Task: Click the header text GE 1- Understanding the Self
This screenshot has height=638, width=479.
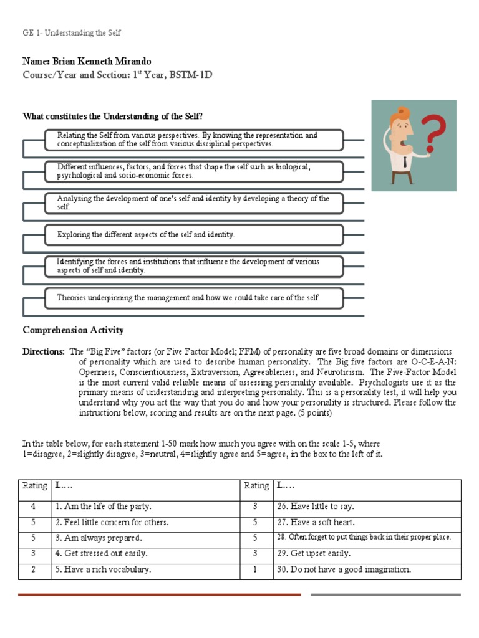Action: (75, 32)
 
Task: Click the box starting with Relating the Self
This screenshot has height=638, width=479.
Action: (193, 140)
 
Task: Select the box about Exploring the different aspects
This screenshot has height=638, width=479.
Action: (193, 235)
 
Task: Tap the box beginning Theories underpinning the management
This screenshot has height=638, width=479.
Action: (193, 298)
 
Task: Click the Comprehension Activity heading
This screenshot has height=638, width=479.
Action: (73, 330)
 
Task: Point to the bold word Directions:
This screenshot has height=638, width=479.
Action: (43, 351)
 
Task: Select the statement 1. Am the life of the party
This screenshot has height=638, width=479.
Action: (104, 507)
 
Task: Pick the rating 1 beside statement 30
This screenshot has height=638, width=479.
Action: (256, 569)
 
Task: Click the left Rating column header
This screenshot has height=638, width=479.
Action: (34, 486)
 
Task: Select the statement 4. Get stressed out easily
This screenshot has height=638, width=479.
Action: (102, 553)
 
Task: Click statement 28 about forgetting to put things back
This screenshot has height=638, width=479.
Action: (364, 537)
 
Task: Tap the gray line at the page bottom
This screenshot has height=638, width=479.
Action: (385, 594)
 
